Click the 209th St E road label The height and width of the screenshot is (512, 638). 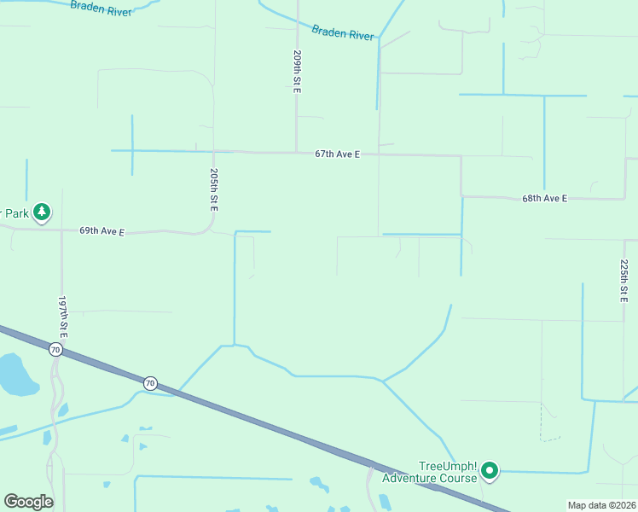(298, 72)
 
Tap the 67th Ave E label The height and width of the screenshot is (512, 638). (337, 154)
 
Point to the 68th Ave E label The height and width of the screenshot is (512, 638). (544, 198)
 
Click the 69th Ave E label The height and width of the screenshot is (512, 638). (102, 231)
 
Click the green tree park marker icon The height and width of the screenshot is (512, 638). (42, 212)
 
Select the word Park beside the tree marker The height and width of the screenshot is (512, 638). (14, 212)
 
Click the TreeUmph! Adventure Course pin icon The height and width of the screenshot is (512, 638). (490, 470)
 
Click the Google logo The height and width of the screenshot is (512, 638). (28, 502)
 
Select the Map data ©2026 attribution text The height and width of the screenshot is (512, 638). (600, 505)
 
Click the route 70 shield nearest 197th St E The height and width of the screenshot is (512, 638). (55, 350)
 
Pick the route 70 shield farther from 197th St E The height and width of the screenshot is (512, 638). (150, 383)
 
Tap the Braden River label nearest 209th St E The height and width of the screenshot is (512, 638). (343, 33)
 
